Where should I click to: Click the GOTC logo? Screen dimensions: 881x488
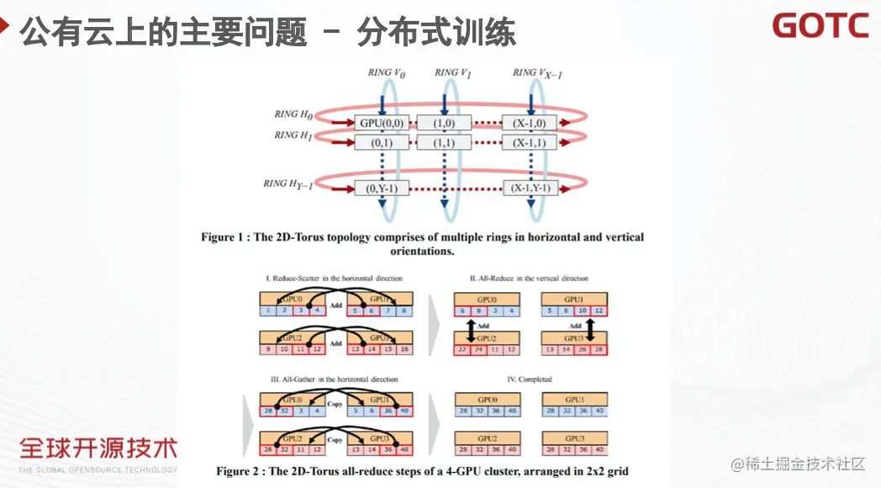820,26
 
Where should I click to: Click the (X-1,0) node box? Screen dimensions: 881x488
530,123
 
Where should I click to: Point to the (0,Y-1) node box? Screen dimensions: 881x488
382,188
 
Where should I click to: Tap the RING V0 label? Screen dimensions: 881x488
387,73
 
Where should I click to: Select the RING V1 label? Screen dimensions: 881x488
452,73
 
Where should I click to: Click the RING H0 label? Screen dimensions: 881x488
293,114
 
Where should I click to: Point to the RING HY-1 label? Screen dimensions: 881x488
288,183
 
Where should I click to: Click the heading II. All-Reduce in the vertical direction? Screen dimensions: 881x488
529,278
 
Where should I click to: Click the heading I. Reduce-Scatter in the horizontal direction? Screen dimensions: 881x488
334,278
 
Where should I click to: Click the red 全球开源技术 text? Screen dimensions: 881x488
98,448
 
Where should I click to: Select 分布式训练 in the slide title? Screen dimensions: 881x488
436,34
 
